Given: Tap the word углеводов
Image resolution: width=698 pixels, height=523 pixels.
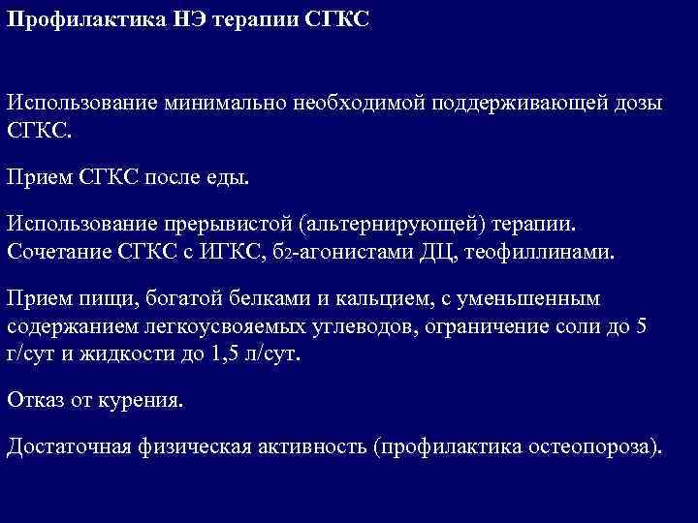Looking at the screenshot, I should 343,327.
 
